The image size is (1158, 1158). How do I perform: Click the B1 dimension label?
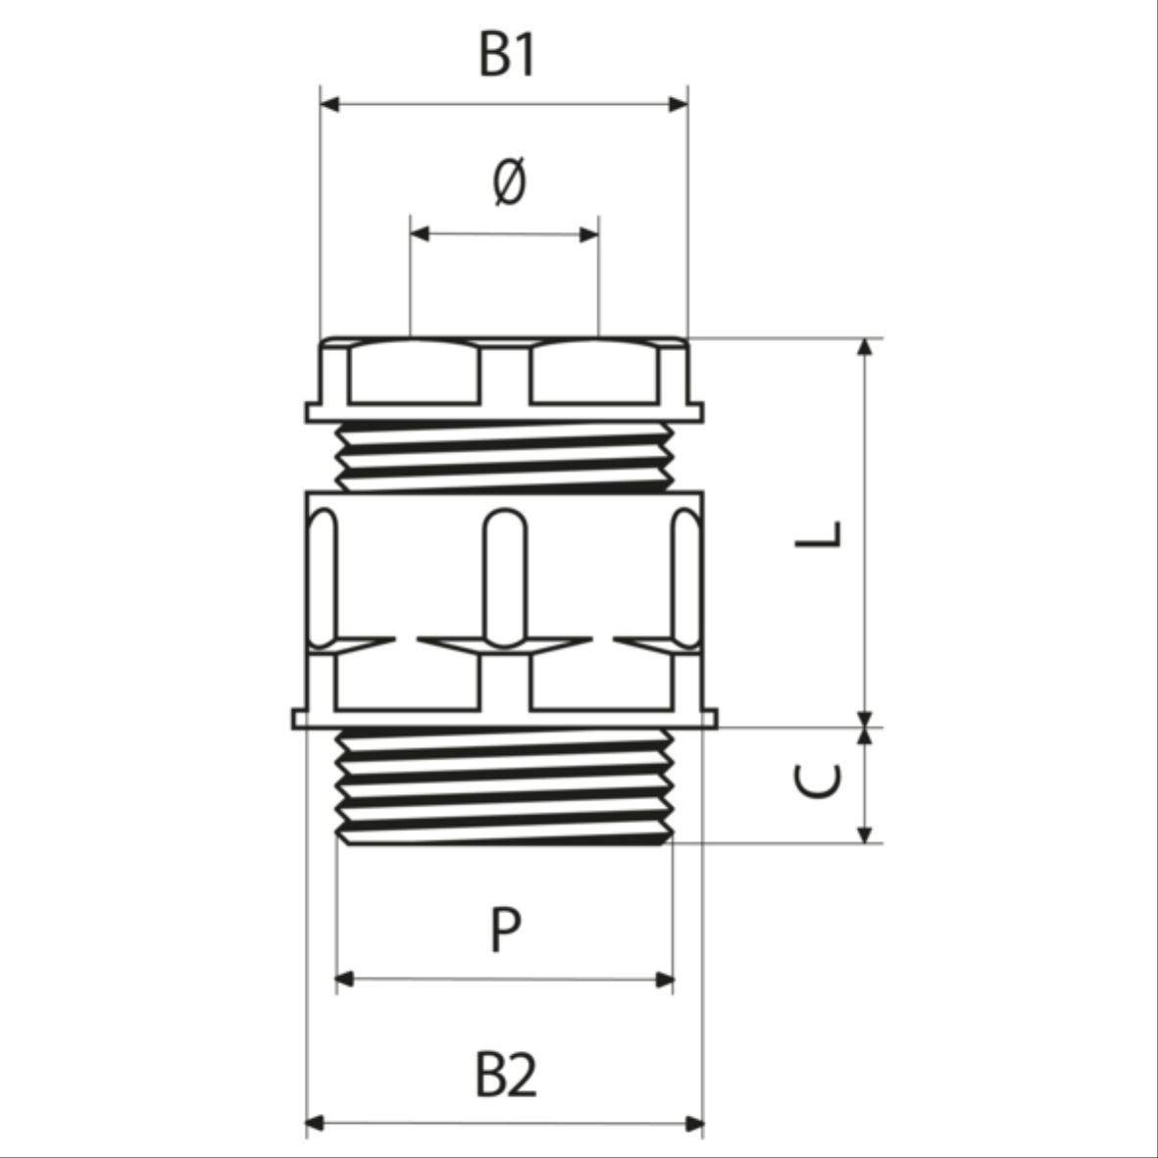[506, 55]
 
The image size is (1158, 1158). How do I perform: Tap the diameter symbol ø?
[509, 181]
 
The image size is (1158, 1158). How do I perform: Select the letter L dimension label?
[818, 534]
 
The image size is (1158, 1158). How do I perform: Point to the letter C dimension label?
[817, 781]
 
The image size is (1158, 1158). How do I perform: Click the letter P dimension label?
[506, 930]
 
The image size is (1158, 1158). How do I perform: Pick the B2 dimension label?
[506, 1075]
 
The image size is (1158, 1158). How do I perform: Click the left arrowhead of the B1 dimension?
[330, 104]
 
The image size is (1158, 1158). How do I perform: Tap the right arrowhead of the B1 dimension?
[678, 104]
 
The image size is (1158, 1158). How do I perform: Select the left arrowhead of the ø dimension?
[421, 234]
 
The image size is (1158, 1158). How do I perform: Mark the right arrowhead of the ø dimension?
[589, 235]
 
